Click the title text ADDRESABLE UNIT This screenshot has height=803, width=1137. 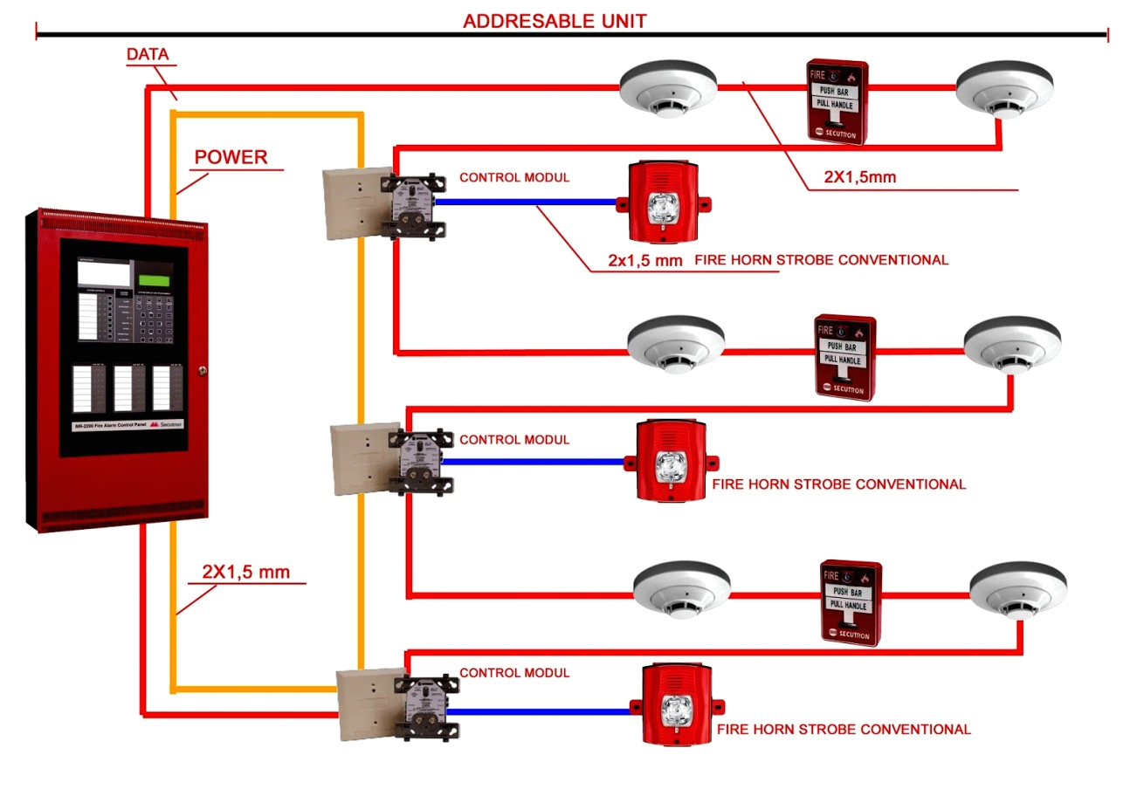point(555,21)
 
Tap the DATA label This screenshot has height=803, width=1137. point(147,54)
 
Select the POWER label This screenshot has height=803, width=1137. point(231,157)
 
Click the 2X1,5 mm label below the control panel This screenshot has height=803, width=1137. point(245,572)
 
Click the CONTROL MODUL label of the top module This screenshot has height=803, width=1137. point(514,177)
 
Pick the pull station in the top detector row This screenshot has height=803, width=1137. point(837,101)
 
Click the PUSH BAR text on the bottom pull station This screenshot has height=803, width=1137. point(846,590)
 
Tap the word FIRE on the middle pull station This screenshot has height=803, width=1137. point(825,332)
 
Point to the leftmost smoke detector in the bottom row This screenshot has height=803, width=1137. point(679,590)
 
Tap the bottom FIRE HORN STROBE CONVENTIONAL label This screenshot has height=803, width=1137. point(843,729)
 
